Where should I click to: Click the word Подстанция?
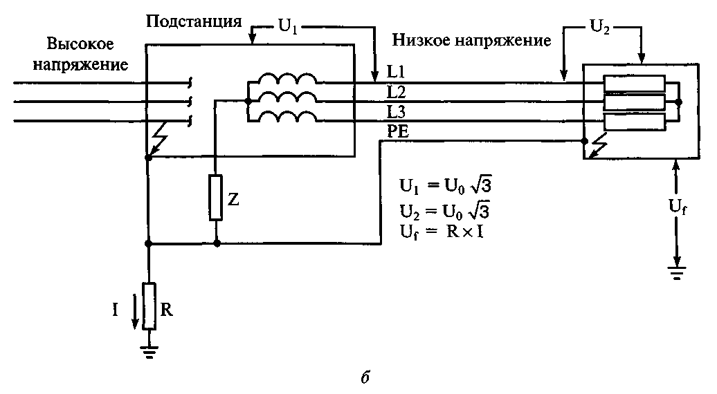click(x=193, y=21)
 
